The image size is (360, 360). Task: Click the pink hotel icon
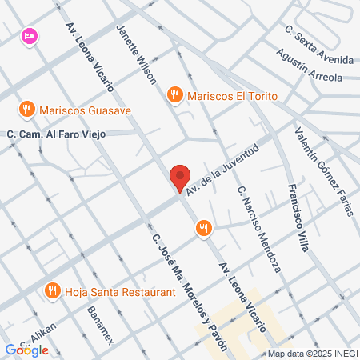(30, 35)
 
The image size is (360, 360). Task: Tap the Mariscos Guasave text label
(86, 109)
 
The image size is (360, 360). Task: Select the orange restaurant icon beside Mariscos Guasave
(27, 109)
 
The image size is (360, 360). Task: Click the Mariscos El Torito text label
(234, 96)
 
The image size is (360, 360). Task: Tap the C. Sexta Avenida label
(318, 45)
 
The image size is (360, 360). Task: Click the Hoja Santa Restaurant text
(121, 292)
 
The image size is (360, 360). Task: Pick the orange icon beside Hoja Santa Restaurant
(53, 291)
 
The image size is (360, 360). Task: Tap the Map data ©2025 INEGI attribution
(312, 354)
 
